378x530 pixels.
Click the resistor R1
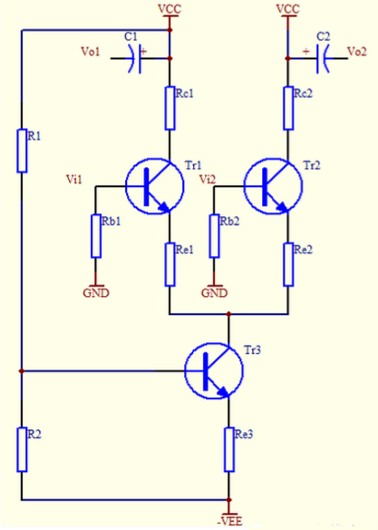pos(22,150)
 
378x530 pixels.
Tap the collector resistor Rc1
pos(170,107)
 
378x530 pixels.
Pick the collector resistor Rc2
pos(287,107)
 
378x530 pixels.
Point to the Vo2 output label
pos(357,53)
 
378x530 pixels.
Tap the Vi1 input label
pos(73,180)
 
